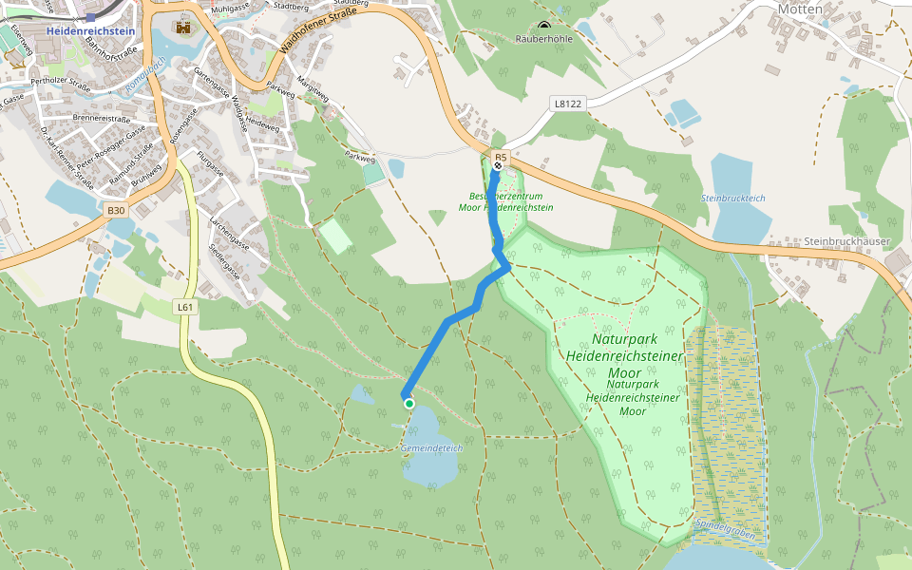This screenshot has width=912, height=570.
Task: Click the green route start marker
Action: [409, 404]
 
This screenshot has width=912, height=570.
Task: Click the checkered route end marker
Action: [497, 166]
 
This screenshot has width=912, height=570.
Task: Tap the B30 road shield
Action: [116, 210]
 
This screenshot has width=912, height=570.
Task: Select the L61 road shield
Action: [185, 307]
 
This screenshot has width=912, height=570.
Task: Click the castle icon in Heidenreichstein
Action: [183, 28]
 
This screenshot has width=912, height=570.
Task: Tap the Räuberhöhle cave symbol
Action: [543, 27]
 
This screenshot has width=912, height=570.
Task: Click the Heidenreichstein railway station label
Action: [91, 31]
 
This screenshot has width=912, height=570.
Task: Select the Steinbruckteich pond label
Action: [732, 198]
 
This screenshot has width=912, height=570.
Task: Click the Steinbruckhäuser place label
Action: [845, 241]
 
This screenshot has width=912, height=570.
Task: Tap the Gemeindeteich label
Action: [431, 446]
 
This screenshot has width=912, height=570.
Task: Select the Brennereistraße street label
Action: [101, 119]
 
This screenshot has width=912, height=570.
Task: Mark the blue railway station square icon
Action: [90, 17]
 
